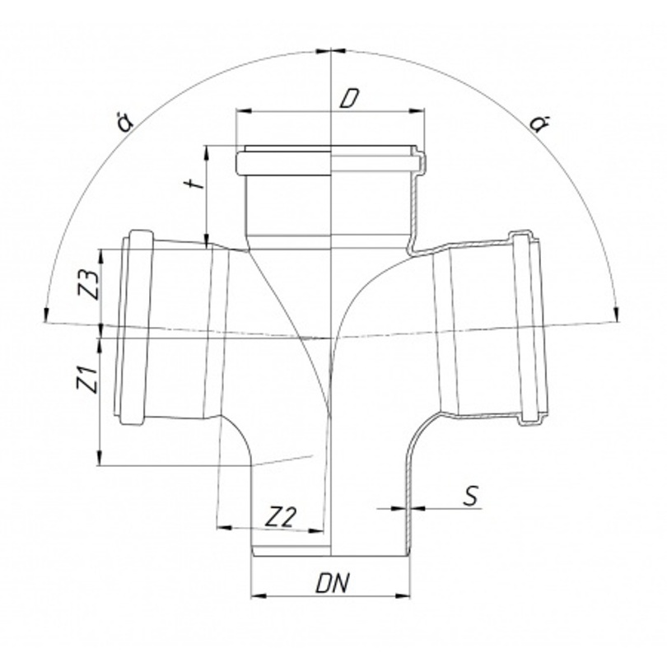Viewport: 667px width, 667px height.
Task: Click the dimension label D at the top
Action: (x=349, y=98)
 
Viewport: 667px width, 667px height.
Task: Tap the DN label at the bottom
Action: (x=332, y=584)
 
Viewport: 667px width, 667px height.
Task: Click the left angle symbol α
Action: (x=126, y=122)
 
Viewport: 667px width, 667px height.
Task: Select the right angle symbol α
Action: (x=539, y=124)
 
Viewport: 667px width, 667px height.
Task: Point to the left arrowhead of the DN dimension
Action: (x=258, y=595)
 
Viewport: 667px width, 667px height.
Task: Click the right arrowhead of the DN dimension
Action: (x=403, y=595)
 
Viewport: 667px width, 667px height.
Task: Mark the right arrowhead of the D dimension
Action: (x=417, y=111)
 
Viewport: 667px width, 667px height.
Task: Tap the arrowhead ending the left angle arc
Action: (x=45, y=315)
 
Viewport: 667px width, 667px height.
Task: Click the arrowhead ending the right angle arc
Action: (x=618, y=315)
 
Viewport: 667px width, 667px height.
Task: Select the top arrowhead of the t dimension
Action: (x=207, y=153)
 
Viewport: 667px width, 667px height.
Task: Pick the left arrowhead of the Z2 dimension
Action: (x=224, y=528)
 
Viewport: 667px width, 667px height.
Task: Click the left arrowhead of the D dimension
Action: (x=243, y=111)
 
